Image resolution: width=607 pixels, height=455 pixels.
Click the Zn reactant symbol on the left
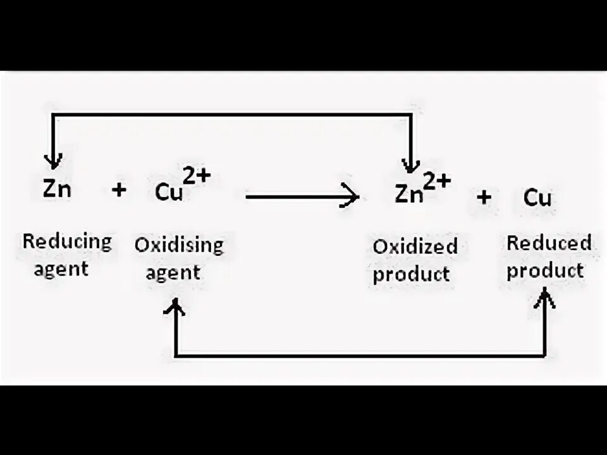tap(57, 190)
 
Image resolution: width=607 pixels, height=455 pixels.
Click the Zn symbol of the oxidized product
tap(409, 194)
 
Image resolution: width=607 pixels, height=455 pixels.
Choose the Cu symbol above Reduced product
tap(537, 198)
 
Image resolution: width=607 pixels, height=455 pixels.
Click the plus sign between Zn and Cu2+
tap(118, 190)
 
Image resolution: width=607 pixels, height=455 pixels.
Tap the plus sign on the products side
tap(484, 198)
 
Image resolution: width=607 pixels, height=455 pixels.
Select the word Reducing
tap(67, 241)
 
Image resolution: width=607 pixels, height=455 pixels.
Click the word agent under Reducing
tap(61, 269)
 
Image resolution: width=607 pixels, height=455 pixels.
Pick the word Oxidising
tap(179, 245)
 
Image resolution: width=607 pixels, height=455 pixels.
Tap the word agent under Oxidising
tap(173, 272)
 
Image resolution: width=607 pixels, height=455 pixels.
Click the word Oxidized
tap(415, 246)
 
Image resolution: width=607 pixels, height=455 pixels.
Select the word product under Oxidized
tap(411, 274)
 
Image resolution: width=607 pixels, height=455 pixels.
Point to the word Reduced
tap(549, 243)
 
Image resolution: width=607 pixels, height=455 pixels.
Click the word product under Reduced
tap(545, 270)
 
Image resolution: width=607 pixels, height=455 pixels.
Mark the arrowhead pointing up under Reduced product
tap(545, 298)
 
